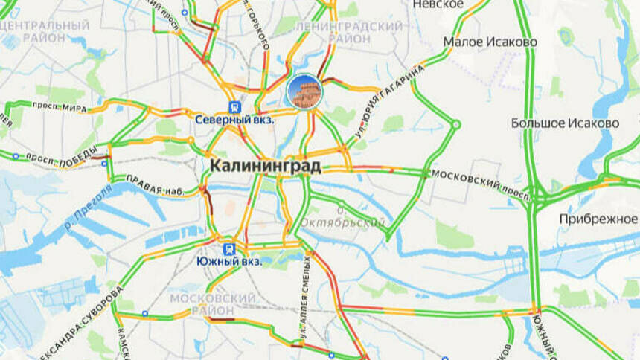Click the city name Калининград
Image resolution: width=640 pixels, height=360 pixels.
pos(265,166)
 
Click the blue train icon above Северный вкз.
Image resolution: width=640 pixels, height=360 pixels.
pos(234,106)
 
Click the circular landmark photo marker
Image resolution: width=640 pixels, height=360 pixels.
pos(304,91)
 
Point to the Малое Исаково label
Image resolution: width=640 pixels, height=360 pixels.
pos(490,42)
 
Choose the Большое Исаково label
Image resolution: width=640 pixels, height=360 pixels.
pos(566,123)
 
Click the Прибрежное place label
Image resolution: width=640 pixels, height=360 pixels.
pos(598,219)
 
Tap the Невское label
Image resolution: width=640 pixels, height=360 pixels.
pos(438,4)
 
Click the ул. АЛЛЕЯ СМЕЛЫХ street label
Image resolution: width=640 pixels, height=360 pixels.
pos(306,301)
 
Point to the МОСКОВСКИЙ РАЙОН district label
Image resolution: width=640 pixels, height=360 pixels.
pos(213,304)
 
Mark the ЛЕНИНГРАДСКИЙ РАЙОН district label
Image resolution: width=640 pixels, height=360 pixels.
pos(349,31)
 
